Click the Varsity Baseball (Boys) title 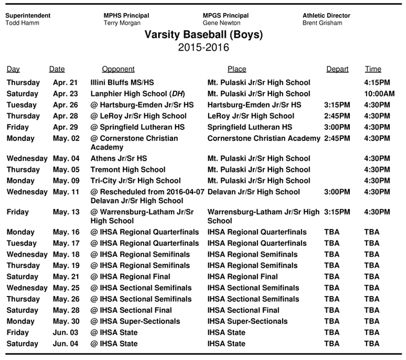tap(204, 35)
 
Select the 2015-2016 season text tap(204, 48)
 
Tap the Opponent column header tap(118, 69)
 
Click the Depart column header tap(337, 69)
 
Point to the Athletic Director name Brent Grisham tap(322, 23)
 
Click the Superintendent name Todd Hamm tap(21, 23)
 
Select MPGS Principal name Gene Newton tap(222, 23)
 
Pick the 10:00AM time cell tap(379, 94)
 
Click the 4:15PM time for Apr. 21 tap(377, 83)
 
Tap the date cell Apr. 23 tap(64, 94)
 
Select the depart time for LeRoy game tap(336, 116)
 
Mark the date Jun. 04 tap(65, 344)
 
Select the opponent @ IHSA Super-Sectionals tap(133, 321)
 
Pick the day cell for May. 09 tap(20, 181)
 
